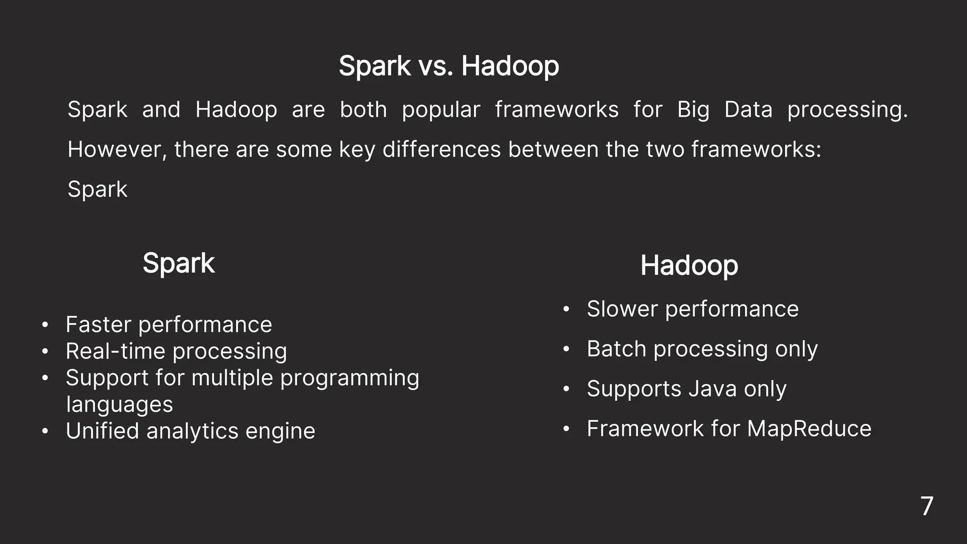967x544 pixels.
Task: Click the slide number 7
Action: pos(926,506)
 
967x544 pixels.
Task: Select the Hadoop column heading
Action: pos(689,265)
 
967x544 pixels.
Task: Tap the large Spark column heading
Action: pos(178,263)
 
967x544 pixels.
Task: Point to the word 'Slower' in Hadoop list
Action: pos(622,309)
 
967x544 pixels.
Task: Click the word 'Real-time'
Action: pos(115,351)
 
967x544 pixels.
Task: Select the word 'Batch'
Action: pos(616,349)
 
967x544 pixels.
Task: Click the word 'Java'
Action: pos(712,389)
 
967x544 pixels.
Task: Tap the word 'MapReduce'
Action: pos(809,429)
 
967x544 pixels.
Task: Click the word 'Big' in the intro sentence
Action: pos(693,110)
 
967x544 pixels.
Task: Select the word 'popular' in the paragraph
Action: pos(441,110)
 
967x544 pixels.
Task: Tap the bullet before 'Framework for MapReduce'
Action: pos(567,429)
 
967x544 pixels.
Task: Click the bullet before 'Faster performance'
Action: pos(45,325)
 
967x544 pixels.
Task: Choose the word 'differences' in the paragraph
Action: pos(441,150)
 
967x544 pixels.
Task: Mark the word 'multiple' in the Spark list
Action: pos(232,378)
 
